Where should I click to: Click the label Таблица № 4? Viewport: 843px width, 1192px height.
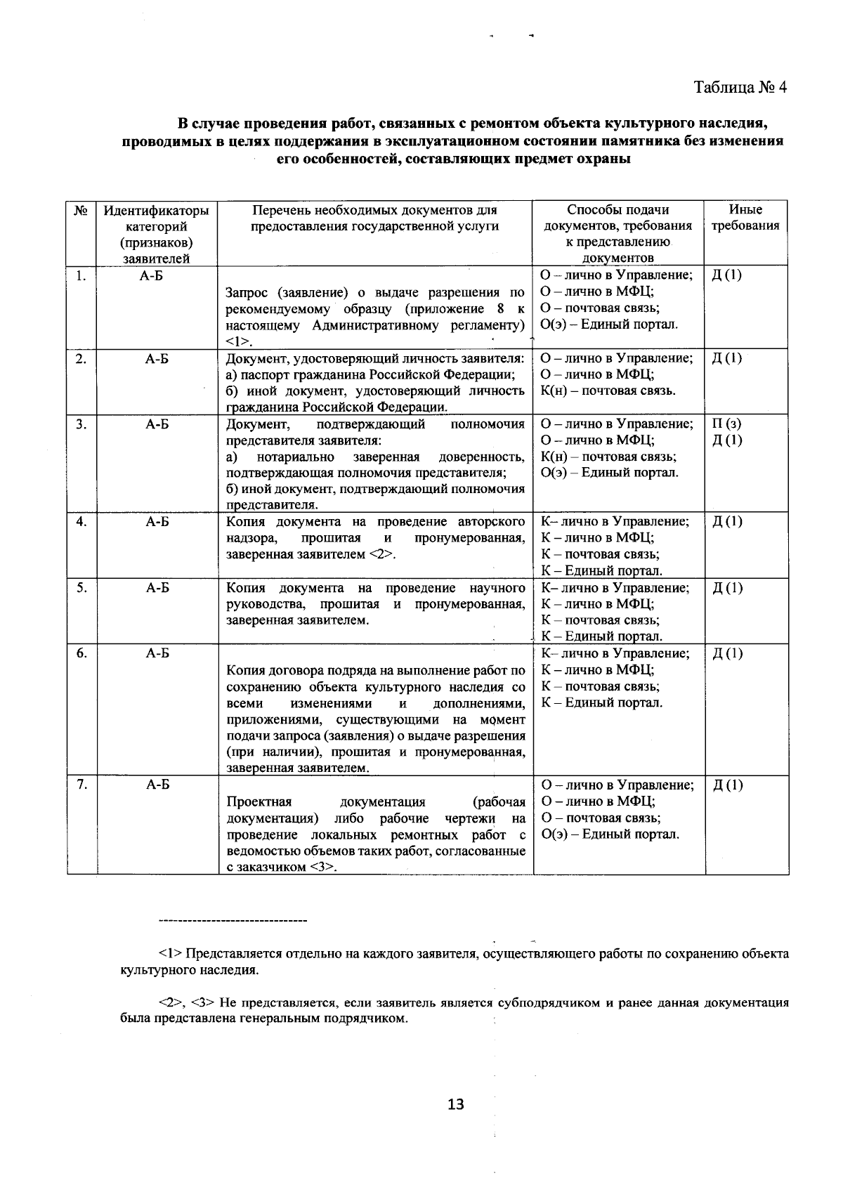(x=740, y=87)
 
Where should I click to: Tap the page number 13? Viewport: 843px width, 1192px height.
(x=455, y=1105)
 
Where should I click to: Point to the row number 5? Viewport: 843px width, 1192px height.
(x=81, y=588)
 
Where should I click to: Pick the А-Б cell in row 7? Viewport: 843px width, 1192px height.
(x=157, y=785)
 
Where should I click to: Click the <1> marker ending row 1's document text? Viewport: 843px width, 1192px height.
(x=239, y=342)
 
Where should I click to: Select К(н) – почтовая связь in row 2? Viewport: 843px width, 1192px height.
(x=608, y=391)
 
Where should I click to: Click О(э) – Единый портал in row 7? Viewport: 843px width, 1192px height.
(x=610, y=834)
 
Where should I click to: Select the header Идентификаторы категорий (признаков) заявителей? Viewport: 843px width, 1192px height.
(x=157, y=234)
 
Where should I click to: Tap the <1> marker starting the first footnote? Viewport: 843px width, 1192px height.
(x=171, y=954)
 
